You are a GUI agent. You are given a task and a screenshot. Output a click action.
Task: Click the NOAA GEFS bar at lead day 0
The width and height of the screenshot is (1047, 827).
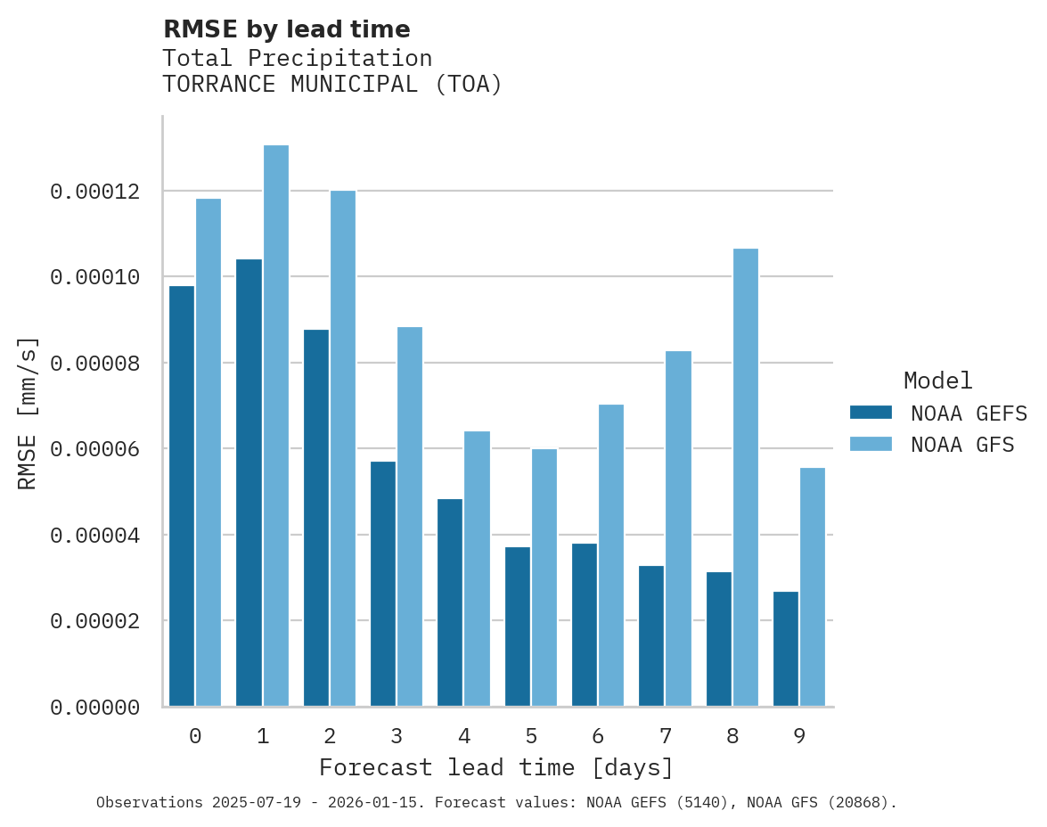182,495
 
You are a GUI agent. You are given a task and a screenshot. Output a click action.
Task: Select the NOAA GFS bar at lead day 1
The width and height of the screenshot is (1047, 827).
276,426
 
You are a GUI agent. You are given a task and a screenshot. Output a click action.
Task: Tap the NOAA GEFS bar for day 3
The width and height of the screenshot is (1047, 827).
383,584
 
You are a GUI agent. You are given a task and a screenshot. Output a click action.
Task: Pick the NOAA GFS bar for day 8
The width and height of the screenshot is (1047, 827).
746,478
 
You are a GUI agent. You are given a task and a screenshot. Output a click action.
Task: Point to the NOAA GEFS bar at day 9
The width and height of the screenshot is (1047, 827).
786,649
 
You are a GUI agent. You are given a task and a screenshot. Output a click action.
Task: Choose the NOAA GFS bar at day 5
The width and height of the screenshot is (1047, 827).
544,577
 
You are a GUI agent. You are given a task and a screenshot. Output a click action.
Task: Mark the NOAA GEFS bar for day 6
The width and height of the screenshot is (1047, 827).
585,625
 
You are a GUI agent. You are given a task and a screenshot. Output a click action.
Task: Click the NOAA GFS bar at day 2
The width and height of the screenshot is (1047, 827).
343,448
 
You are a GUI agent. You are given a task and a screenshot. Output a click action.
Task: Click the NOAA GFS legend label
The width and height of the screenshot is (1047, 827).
962,444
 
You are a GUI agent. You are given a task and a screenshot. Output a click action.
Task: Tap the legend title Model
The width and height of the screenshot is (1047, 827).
937,381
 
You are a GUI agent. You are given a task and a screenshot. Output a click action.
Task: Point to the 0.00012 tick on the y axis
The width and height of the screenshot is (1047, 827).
94,192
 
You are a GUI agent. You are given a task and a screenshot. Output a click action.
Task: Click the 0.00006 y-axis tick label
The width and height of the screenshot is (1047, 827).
94,449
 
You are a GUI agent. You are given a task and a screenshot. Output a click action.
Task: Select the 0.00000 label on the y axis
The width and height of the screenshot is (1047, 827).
94,708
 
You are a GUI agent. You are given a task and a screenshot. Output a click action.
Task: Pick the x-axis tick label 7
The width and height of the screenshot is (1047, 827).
665,736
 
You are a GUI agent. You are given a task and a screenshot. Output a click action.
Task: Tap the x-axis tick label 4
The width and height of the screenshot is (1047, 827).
464,736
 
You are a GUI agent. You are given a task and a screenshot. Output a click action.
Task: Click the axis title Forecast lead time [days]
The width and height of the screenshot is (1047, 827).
496,767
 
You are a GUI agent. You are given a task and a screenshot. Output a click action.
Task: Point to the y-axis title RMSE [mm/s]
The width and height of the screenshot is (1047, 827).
28,413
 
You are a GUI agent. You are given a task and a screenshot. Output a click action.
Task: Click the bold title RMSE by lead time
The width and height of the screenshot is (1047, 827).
287,29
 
